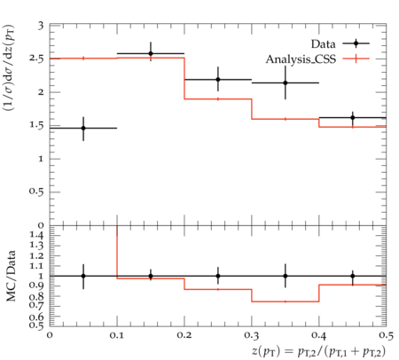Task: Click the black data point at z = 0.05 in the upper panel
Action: point(83,128)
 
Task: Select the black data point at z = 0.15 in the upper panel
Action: point(151,53)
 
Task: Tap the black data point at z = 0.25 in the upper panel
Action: point(218,80)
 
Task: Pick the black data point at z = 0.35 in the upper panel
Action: point(286,82)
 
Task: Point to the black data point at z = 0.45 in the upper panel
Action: point(353,118)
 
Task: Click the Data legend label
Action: point(323,44)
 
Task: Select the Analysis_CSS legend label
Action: point(301,59)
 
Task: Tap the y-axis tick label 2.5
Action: point(36,59)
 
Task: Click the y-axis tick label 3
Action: point(41,26)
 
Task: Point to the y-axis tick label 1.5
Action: point(36,125)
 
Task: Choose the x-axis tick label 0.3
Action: point(252,335)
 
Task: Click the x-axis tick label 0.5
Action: point(386,335)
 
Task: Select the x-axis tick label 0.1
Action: point(117,335)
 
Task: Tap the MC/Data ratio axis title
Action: point(11,276)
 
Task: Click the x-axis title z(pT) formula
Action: point(319,351)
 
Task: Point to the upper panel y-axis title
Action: point(9,67)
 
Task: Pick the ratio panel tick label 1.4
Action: point(36,235)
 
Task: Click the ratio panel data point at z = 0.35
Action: point(286,276)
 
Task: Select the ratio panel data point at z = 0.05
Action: point(83,276)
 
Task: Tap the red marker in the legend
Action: point(356,59)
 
